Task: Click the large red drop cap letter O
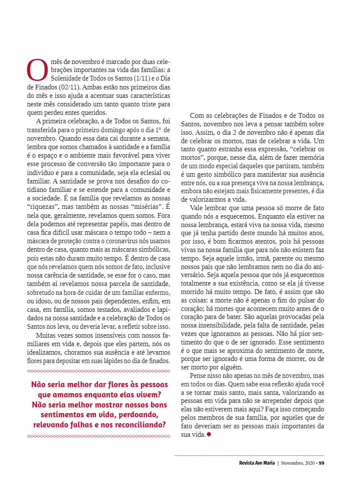[x=37, y=70]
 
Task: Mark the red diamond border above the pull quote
[x=98, y=372]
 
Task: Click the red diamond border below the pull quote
[x=98, y=436]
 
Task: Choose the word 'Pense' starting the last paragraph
[x=198, y=376]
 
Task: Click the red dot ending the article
[x=208, y=435]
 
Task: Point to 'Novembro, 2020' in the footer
[x=298, y=463]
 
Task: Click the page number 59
[x=322, y=463]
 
